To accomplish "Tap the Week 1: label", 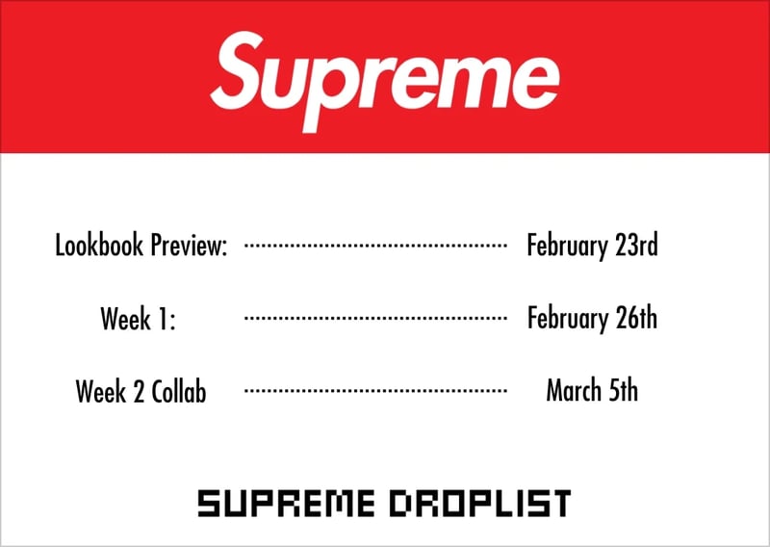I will [x=139, y=319].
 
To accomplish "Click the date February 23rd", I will [x=592, y=246].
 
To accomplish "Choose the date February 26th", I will [x=592, y=319].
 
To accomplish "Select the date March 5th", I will [x=592, y=391].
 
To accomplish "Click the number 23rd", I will [x=636, y=246].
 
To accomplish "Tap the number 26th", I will [x=636, y=319].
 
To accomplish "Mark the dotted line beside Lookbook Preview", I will [x=375, y=247].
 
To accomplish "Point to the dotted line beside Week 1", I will [x=375, y=318].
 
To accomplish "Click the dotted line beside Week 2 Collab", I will [x=375, y=391].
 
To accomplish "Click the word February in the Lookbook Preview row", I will [x=568, y=246].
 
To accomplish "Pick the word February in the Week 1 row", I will [x=568, y=319].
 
